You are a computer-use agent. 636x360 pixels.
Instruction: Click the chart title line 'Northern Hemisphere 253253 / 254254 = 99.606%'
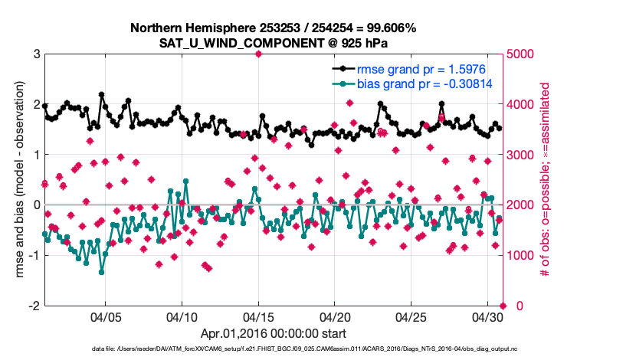click(x=273, y=28)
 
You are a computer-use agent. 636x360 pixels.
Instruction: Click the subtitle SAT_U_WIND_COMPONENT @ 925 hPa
click(x=273, y=43)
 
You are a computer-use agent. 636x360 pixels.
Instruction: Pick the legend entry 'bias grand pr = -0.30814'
click(x=418, y=84)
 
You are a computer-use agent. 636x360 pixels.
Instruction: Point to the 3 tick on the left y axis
click(x=37, y=54)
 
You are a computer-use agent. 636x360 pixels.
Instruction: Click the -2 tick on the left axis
click(x=34, y=306)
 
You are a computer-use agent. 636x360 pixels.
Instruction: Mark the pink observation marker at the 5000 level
click(x=259, y=54)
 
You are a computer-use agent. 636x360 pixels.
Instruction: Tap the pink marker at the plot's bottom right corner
click(x=503, y=306)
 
